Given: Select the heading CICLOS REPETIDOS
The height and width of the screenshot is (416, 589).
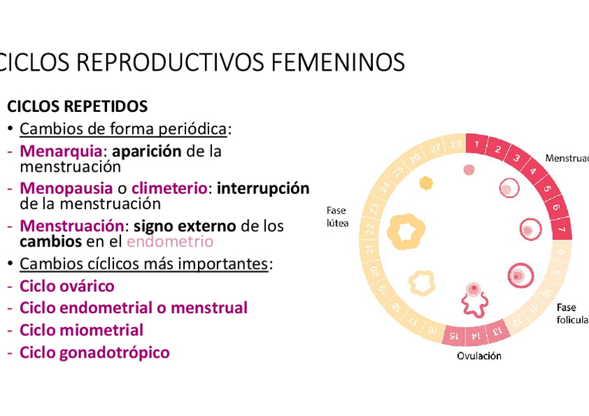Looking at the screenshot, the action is tap(77, 107).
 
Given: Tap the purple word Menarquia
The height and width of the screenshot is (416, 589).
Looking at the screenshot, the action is tap(61, 151).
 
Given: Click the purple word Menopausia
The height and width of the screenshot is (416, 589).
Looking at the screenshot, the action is tap(66, 188).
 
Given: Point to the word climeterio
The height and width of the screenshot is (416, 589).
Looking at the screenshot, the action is tap(169, 188).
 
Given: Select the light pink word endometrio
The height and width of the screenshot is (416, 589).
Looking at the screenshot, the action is tap(170, 242).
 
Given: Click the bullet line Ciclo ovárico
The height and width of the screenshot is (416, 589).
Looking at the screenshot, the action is tap(67, 286).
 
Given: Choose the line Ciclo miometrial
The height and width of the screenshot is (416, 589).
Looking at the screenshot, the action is tap(81, 331).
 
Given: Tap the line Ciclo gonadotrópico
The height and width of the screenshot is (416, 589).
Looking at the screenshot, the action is tap(94, 353).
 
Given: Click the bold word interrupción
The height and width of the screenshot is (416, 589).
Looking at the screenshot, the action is tap(263, 188).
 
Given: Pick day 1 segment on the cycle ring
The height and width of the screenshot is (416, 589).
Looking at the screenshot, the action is tap(477, 144).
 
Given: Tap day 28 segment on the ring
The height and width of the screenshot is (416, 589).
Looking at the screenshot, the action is tap(456, 144).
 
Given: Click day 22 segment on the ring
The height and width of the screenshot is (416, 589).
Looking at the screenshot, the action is tap(371, 229).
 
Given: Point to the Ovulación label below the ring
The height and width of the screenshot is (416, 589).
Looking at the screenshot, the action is tap(479, 356).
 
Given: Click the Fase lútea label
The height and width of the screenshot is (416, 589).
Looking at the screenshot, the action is tap(338, 217).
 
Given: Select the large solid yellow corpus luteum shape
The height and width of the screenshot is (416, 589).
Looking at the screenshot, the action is tap(406, 231).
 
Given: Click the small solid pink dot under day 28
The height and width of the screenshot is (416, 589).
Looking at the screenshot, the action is tap(469, 169).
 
